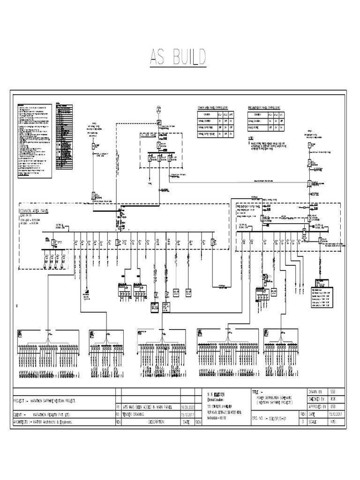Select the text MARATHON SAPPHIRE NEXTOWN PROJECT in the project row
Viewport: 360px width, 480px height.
click(x=53, y=401)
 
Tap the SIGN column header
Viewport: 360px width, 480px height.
click(x=198, y=422)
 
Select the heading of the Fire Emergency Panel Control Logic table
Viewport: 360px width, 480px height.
click(x=264, y=107)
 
